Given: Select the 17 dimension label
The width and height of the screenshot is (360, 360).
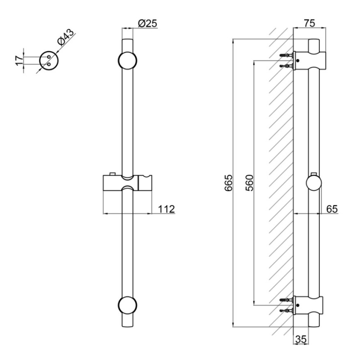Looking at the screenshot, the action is [x=20, y=60].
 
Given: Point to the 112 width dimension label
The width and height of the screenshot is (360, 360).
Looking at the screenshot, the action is [x=166, y=209].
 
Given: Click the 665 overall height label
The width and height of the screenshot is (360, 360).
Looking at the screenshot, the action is [x=229, y=183].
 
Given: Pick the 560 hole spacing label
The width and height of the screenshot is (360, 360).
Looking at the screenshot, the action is [x=249, y=183].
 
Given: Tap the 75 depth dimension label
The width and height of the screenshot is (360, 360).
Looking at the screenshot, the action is [x=310, y=23].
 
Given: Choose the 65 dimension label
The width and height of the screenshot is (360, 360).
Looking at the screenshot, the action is [x=332, y=209].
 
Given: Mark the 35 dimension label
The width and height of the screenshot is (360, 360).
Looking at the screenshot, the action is [x=301, y=339].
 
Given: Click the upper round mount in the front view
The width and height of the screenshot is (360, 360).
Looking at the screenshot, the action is [x=127, y=60].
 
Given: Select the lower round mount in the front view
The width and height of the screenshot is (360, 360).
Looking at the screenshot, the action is [x=127, y=305].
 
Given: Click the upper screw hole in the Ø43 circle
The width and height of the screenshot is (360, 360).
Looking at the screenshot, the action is [x=49, y=57].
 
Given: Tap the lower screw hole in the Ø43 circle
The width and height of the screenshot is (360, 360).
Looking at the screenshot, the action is [x=49, y=64].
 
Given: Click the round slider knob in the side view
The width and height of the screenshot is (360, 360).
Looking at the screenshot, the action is [x=314, y=183].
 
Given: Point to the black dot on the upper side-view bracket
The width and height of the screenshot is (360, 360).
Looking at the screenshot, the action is [x=298, y=61].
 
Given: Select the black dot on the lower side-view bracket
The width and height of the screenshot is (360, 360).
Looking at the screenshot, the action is [x=298, y=305].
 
